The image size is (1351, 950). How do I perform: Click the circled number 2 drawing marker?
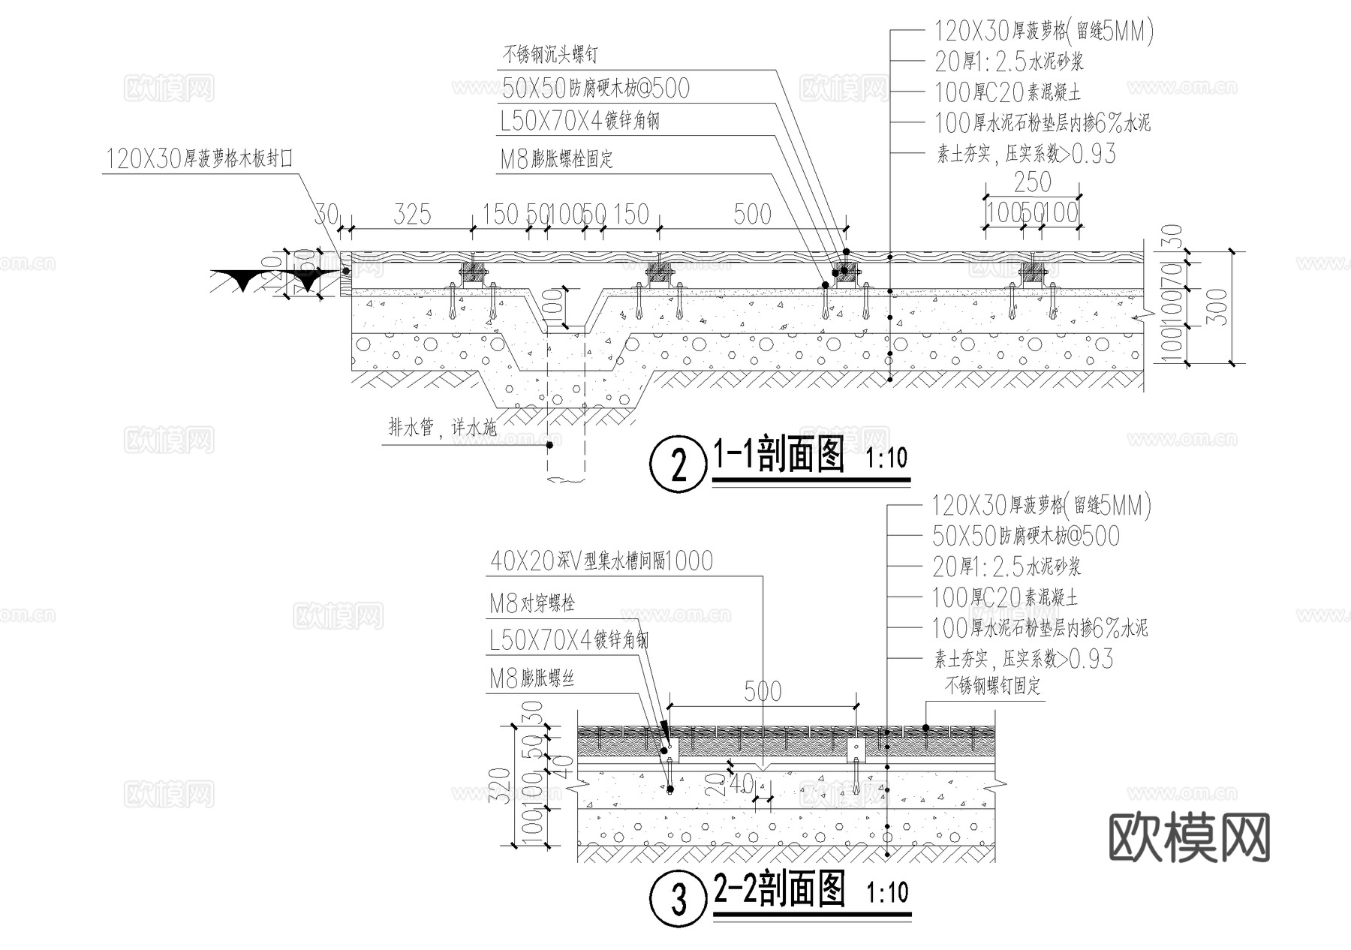coord(679,464)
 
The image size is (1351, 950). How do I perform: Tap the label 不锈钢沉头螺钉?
coord(549,55)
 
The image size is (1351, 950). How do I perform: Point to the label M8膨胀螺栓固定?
coord(556,159)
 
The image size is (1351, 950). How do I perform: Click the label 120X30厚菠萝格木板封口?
coord(199,159)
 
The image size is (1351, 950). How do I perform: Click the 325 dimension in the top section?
coord(412,215)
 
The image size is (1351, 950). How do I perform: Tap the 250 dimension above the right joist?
coord(1032,182)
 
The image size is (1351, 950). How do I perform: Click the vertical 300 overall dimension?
coord(1220,307)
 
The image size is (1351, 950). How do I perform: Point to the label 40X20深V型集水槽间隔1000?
coord(601,561)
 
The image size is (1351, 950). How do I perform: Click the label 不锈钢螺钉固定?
coord(992,685)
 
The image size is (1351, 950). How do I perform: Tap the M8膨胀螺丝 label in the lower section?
coord(531,679)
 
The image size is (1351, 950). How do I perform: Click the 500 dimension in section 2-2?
coord(762,691)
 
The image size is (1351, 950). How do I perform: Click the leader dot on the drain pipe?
coord(549,445)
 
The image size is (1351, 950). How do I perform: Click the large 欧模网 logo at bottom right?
coord(1189,838)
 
